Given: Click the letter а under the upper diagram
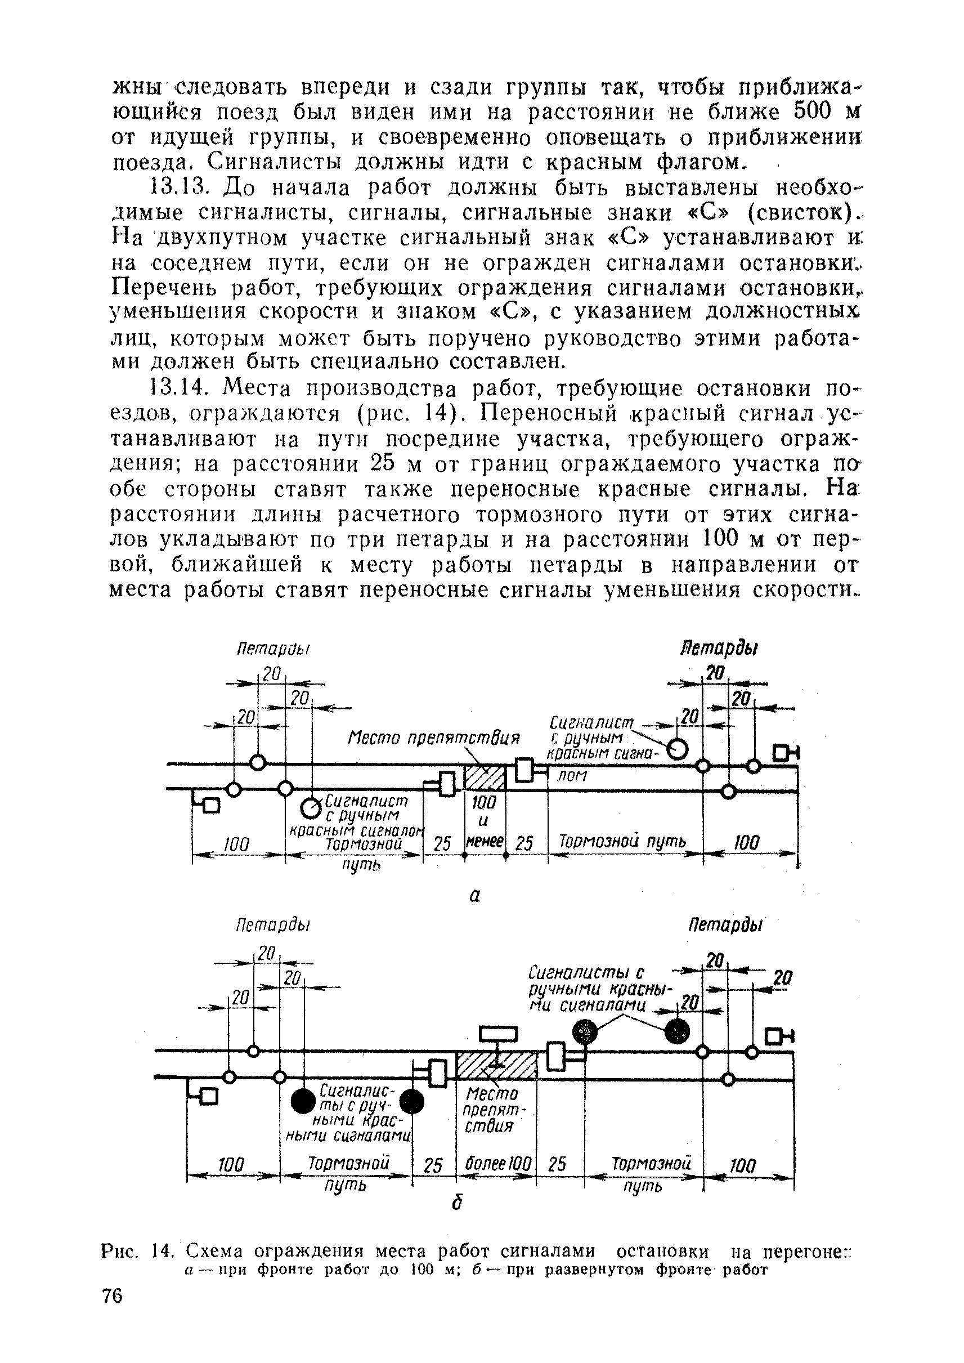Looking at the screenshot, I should tap(474, 896).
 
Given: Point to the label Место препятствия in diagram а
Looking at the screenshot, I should tap(433, 739).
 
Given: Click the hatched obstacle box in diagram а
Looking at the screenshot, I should tap(484, 777).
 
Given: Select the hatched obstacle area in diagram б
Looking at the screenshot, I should tap(496, 1065).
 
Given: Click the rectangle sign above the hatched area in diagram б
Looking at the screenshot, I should tap(499, 1035).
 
